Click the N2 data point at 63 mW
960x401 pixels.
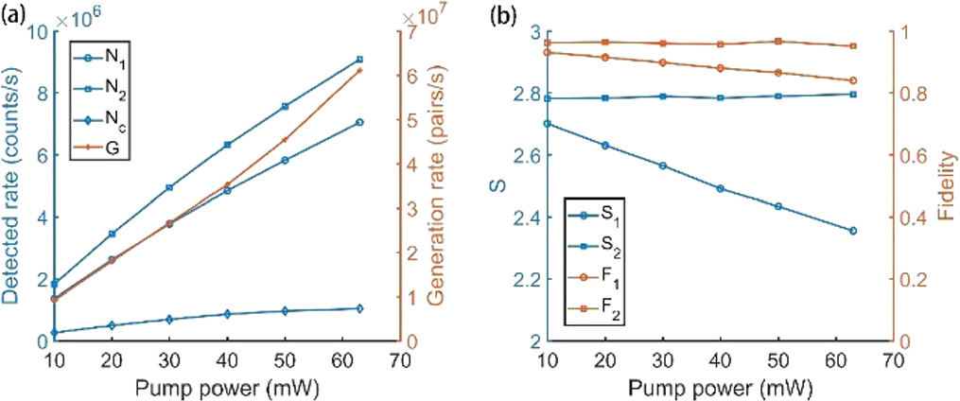pos(358,59)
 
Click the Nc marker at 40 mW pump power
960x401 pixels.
pos(227,314)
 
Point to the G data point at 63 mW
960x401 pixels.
pos(358,70)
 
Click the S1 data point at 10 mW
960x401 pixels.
pos(547,123)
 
